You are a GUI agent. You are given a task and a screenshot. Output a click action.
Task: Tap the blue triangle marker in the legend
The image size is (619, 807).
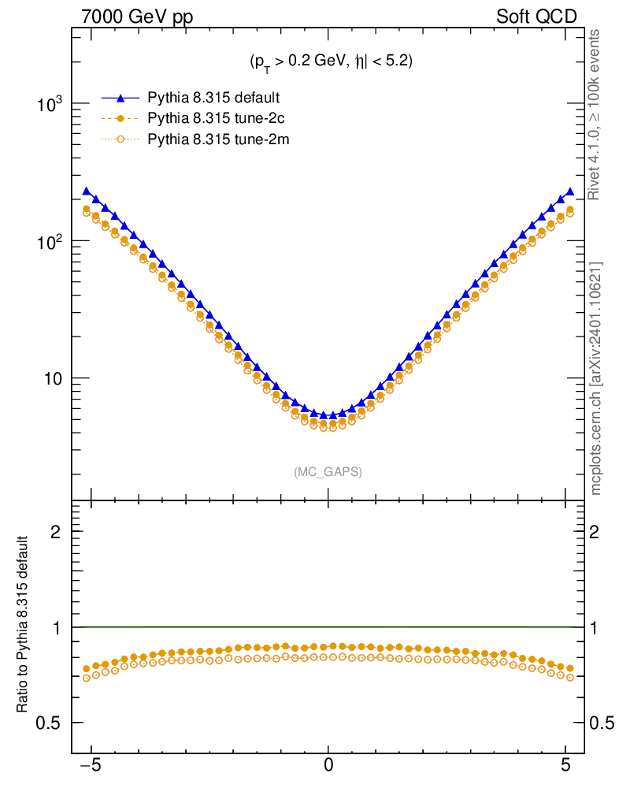[x=120, y=98]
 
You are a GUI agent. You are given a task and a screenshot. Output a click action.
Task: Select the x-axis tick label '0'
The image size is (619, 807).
[x=328, y=764]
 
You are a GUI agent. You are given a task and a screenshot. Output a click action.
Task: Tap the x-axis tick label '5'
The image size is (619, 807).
[x=565, y=764]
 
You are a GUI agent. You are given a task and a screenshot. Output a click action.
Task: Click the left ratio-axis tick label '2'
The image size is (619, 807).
[x=55, y=532]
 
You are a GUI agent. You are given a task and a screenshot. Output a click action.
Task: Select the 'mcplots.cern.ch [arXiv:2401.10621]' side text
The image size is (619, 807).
[x=596, y=379]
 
